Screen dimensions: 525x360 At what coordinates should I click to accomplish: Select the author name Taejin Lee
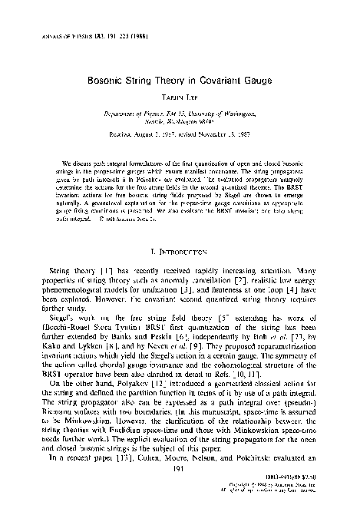tap(180, 97)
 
